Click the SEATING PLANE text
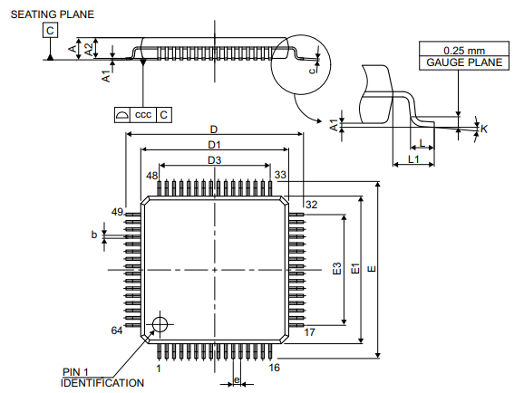[x=53, y=14]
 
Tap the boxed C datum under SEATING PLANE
[x=50, y=31]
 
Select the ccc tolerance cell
[x=143, y=114]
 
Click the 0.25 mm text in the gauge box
[x=464, y=51]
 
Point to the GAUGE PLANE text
[x=464, y=62]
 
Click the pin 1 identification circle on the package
[x=160, y=324]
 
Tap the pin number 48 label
[x=151, y=176]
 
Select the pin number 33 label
[x=280, y=175]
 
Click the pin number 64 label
[x=117, y=331]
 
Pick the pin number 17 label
[x=309, y=332]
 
